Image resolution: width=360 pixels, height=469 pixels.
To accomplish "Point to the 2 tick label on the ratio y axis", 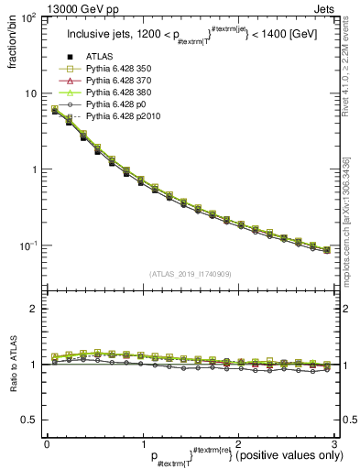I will pyautogui.click(x=32, y=309).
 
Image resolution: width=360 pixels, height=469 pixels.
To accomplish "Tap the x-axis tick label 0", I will pyautogui.click(x=47, y=444).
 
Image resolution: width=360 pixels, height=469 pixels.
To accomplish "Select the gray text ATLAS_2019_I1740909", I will pyautogui.click(x=189, y=274).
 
